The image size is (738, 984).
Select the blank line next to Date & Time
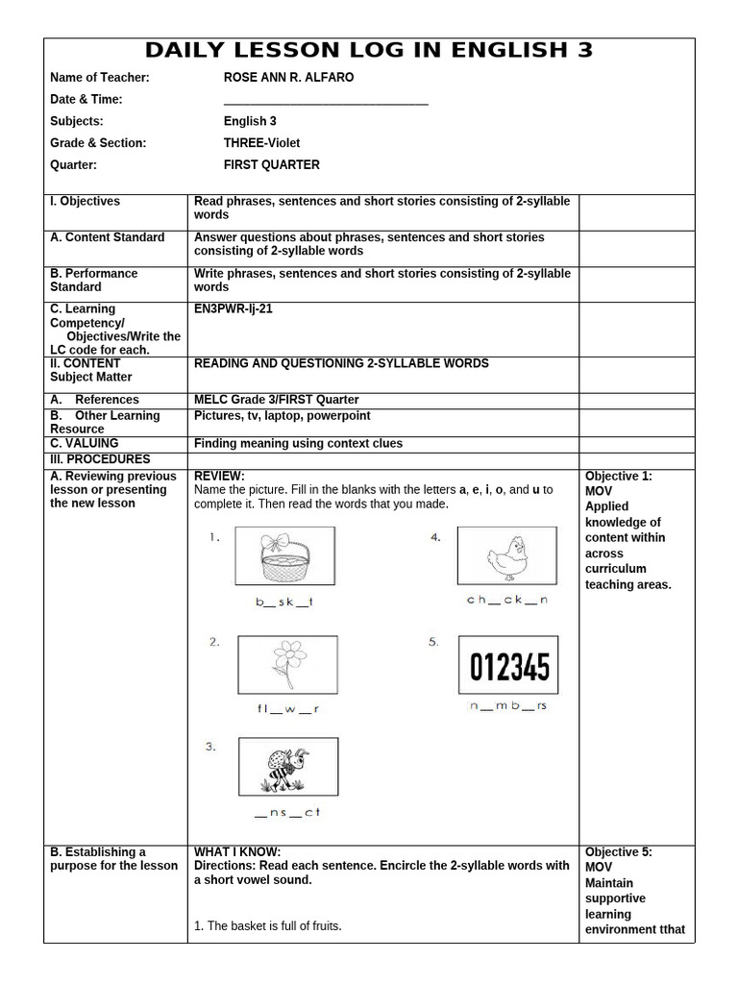[326, 100]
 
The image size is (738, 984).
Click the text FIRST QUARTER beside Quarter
[272, 165]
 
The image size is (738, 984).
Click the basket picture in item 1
[286, 555]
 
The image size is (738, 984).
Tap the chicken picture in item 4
[506, 555]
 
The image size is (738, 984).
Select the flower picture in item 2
[287, 666]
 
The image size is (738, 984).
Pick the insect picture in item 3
[288, 767]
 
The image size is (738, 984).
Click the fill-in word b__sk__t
[284, 603]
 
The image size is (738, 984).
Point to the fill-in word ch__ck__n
[506, 601]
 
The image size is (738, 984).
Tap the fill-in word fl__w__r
[287, 709]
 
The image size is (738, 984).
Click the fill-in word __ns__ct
[287, 813]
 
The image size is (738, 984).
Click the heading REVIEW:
[219, 477]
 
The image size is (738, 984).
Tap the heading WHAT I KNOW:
[237, 851]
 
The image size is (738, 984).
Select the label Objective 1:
[618, 477]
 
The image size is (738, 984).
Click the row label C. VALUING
[85, 444]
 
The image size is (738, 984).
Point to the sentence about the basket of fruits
[268, 926]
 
